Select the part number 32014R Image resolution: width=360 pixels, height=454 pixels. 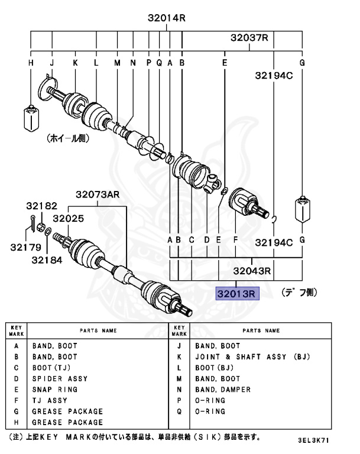[x=167, y=18]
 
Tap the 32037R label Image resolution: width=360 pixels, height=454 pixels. [x=249, y=38]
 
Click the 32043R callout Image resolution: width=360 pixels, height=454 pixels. [x=251, y=271]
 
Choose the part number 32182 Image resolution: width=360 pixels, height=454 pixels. [x=41, y=206]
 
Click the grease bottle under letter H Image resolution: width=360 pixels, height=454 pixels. [x=30, y=118]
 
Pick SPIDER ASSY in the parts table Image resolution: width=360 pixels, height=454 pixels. [x=60, y=378]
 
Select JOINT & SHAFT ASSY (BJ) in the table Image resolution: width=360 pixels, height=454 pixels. [x=252, y=356]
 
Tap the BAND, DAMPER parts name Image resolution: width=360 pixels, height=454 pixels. [x=223, y=390]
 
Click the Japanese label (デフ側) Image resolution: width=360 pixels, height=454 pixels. [x=299, y=292]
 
